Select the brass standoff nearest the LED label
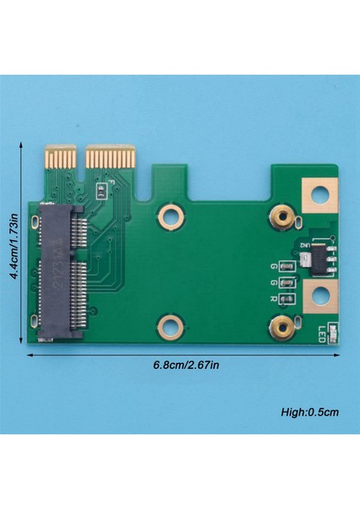281,323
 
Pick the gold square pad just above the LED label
320,299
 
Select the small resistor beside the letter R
286,298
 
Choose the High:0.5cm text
310,413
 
